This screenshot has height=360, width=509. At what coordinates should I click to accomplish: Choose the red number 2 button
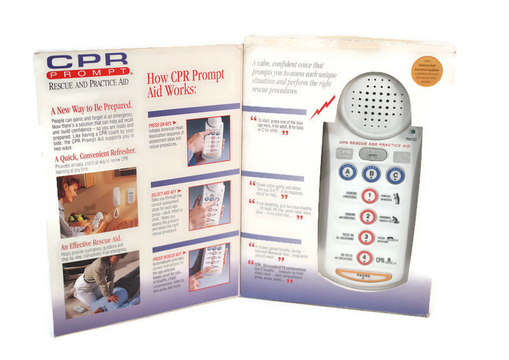367,218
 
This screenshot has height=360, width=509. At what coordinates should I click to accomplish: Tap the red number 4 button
366,258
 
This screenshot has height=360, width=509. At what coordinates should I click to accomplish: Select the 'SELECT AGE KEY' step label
165,190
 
